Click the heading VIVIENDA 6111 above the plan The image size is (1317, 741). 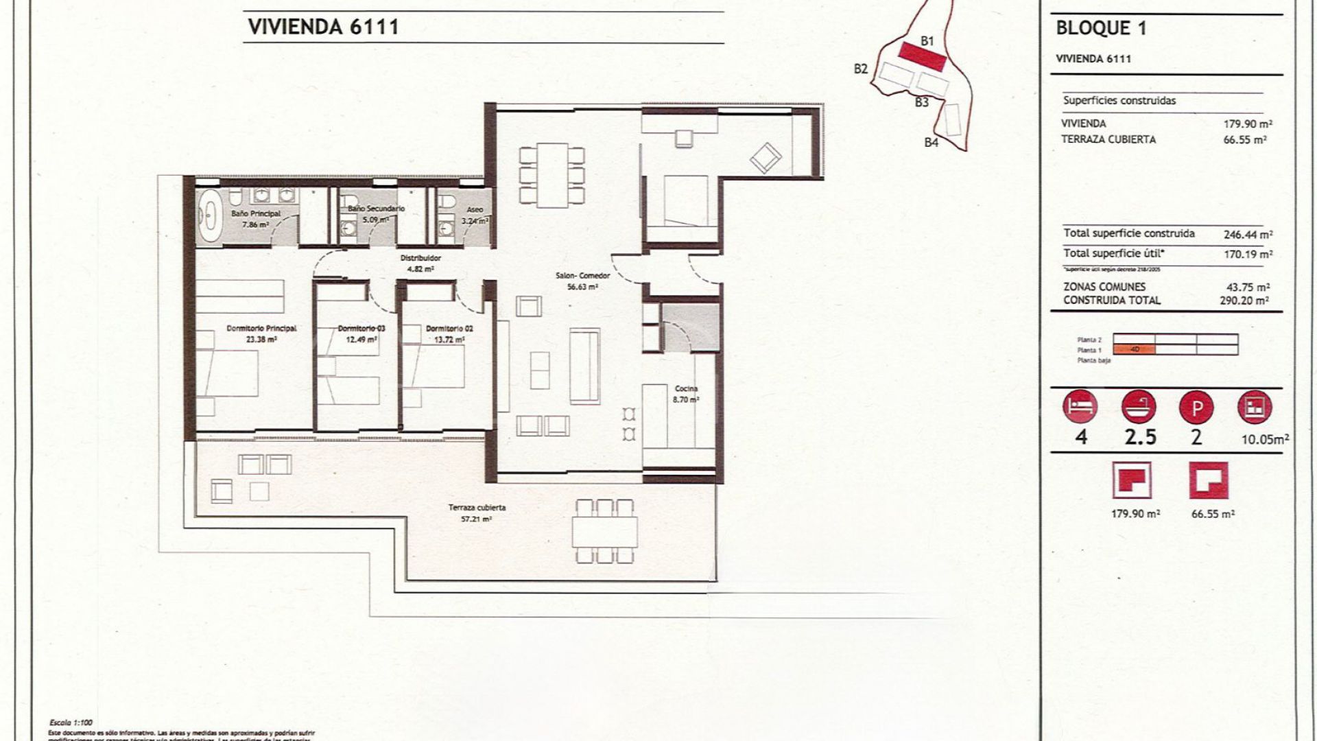pyautogui.click(x=322, y=27)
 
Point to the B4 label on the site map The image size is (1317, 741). pyautogui.click(x=931, y=143)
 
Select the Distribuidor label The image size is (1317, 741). pyautogui.click(x=420, y=259)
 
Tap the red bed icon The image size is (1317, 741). pyautogui.click(x=1080, y=408)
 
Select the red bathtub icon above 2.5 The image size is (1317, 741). pyautogui.click(x=1139, y=408)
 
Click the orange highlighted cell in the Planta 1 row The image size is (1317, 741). pyautogui.click(x=1134, y=349)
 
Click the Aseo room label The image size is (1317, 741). pyautogui.click(x=474, y=210)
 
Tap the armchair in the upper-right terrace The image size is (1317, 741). pyautogui.click(x=766, y=158)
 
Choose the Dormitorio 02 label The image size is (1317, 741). pyautogui.click(x=449, y=329)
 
